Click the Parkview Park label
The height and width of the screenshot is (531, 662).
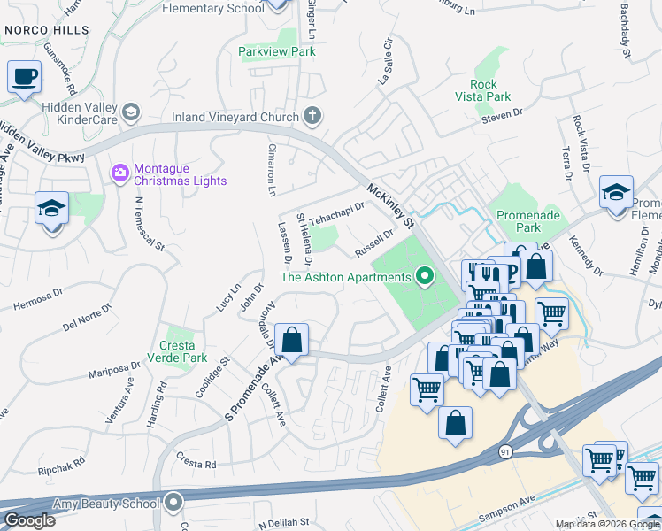(x=277, y=52)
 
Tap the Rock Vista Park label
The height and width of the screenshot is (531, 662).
(x=490, y=90)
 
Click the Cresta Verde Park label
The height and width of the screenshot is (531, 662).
(x=183, y=351)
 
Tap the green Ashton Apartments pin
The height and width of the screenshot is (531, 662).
(x=425, y=278)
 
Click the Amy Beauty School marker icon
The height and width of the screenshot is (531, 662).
(x=172, y=502)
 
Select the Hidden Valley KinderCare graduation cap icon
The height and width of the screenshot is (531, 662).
(x=131, y=111)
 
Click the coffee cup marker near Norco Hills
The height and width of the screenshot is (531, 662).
(x=25, y=76)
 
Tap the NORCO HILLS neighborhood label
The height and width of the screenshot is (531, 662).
(x=46, y=30)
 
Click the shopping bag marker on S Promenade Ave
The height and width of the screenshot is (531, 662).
(x=291, y=340)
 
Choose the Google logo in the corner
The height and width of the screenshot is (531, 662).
(x=29, y=520)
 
